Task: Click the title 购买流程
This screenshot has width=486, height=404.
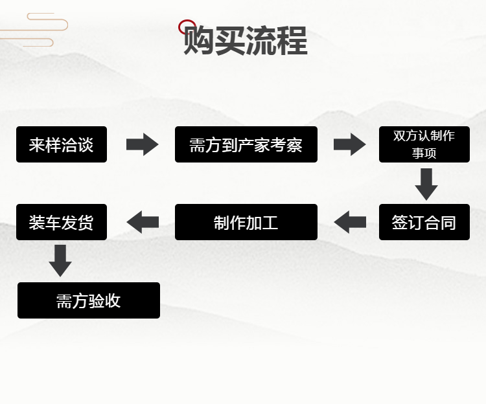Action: (x=246, y=41)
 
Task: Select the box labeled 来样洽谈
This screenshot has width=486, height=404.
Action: (x=62, y=144)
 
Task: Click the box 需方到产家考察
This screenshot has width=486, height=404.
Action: (x=246, y=144)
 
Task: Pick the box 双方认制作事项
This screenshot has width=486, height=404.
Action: (x=424, y=144)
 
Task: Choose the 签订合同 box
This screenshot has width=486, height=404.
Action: (x=424, y=222)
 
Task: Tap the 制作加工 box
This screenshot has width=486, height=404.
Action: (x=246, y=222)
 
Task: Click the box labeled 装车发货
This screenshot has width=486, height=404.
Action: (x=62, y=222)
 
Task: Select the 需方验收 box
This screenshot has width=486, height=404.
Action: (x=89, y=300)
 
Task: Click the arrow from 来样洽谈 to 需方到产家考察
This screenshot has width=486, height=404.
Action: (x=142, y=144)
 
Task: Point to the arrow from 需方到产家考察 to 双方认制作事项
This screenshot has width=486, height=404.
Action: (x=349, y=144)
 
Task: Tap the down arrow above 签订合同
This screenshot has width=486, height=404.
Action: (x=426, y=184)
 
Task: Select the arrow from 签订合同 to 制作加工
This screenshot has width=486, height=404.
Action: (x=350, y=222)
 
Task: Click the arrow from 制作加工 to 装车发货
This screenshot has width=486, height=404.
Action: (x=143, y=222)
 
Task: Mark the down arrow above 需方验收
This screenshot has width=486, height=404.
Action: (x=60, y=260)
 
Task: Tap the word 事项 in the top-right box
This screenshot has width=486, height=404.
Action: (x=424, y=153)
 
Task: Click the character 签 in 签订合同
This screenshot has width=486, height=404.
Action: (x=400, y=223)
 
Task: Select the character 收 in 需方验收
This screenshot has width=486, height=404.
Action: (x=113, y=301)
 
